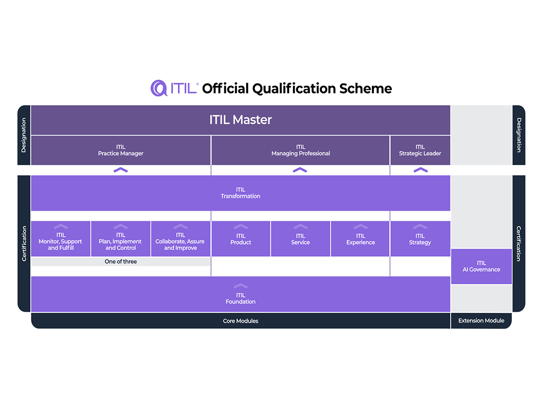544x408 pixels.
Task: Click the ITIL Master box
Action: click(240, 120)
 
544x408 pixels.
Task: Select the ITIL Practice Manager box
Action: click(121, 150)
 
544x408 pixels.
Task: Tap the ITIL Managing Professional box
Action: click(301, 150)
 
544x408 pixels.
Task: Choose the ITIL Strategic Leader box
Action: click(420, 150)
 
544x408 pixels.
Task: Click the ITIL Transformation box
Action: click(240, 193)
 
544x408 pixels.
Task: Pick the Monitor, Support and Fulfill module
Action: click(61, 238)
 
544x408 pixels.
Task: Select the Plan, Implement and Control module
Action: click(121, 238)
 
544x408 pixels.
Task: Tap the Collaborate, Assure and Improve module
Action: click(180, 238)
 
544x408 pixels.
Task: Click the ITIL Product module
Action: click(241, 238)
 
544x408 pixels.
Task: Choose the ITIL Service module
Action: click(301, 238)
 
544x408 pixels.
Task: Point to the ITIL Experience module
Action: click(360, 238)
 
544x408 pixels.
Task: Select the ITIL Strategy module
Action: click(420, 238)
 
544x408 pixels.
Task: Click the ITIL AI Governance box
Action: click(481, 266)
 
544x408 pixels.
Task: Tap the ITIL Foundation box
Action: click(240, 294)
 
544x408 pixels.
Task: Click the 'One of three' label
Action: click(121, 262)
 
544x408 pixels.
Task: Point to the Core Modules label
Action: click(240, 321)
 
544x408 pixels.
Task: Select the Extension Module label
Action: click(481, 321)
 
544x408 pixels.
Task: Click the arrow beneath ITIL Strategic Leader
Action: click(421, 170)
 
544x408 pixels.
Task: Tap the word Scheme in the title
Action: click(365, 88)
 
